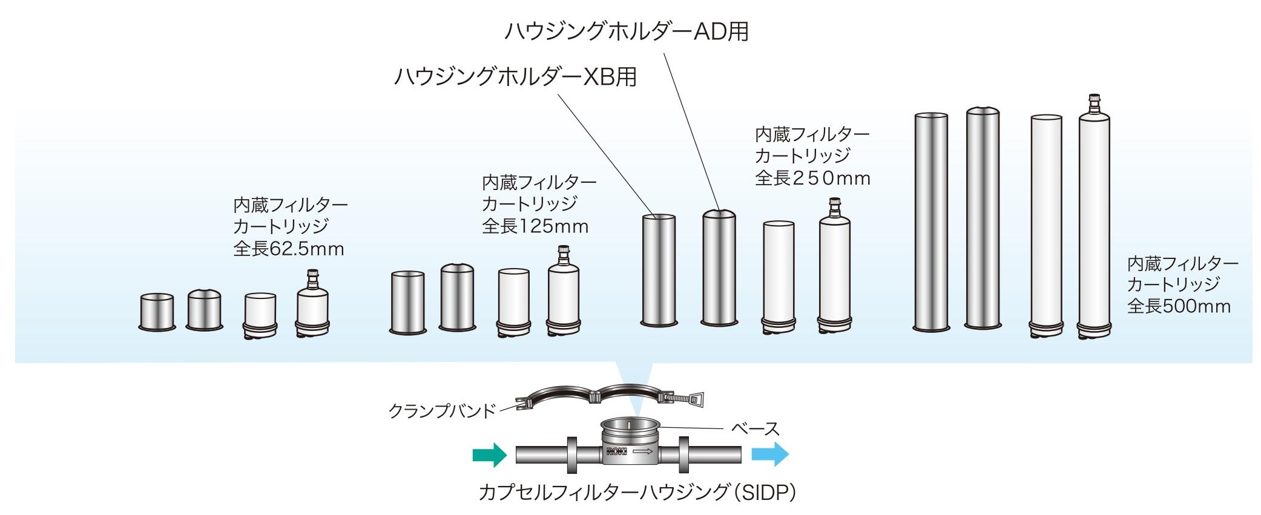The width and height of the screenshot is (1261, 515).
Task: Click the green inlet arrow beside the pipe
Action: [489, 454]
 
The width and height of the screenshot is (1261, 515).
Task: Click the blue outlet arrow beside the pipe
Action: [769, 454]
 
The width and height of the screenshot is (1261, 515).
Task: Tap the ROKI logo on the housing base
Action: [616, 451]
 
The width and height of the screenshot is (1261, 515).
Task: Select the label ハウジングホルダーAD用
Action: [627, 31]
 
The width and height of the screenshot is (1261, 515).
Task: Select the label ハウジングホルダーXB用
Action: [515, 77]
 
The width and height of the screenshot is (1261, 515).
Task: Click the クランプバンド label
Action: [442, 412]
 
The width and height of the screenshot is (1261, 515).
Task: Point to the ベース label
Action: [755, 429]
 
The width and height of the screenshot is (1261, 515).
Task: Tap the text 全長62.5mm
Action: [289, 249]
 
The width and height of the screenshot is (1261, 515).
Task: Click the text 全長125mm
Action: [535, 226]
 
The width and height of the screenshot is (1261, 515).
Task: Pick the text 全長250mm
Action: [812, 178]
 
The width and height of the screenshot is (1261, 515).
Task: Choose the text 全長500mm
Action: [1179, 306]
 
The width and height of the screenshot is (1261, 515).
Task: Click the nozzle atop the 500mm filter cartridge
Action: [1094, 103]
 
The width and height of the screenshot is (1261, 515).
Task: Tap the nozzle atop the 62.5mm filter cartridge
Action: [312, 279]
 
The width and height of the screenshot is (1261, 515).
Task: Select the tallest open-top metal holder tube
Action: [931, 221]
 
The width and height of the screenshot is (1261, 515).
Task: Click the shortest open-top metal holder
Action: [157, 312]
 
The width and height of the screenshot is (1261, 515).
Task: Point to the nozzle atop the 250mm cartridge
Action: [835, 207]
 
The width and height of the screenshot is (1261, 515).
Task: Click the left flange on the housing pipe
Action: [571, 454]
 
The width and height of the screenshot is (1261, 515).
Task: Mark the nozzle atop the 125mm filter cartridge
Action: [563, 255]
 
